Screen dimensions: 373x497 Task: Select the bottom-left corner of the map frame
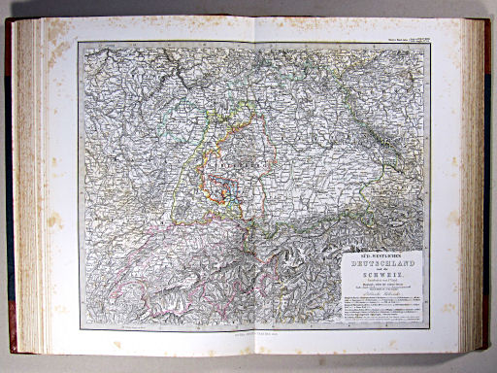pos(80,328)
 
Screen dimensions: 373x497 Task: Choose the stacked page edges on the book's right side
pos(474,185)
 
